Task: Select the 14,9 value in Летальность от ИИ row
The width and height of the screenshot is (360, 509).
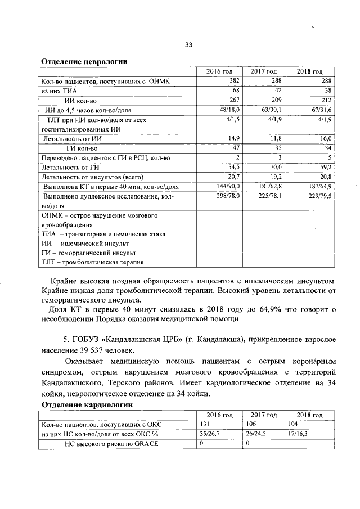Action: click(x=233, y=138)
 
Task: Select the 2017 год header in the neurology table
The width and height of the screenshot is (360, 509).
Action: click(x=264, y=71)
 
